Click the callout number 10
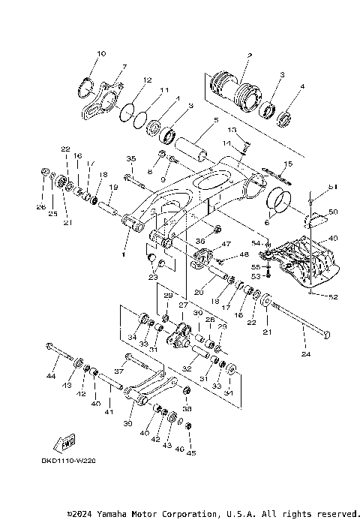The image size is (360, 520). click(102, 54)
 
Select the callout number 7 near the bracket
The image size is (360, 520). click(124, 68)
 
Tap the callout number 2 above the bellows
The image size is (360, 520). click(249, 56)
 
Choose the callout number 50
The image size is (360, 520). click(334, 212)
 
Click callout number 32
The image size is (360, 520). click(185, 369)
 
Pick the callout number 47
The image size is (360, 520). click(223, 245)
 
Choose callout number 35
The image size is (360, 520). click(131, 159)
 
